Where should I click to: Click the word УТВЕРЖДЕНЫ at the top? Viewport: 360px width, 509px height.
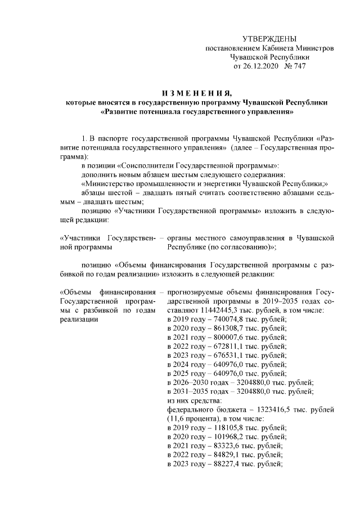pyautogui.click(x=268, y=39)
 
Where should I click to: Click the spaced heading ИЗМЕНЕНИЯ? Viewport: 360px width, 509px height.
pyautogui.click(x=196, y=93)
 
